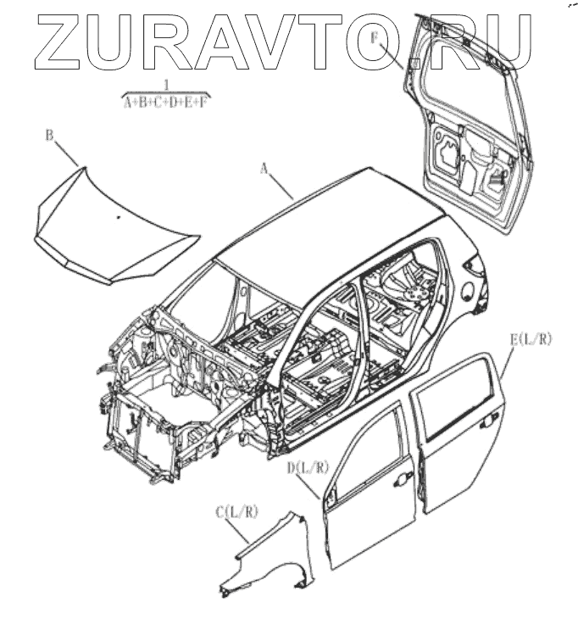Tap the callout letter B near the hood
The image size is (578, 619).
click(49, 135)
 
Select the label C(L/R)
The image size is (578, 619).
click(236, 511)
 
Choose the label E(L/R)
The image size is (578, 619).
click(531, 339)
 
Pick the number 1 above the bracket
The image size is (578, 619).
click(166, 85)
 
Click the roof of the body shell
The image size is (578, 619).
click(339, 212)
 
